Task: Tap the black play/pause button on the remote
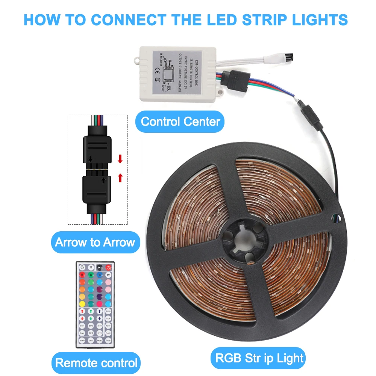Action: (100, 268)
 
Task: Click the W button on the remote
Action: (109, 275)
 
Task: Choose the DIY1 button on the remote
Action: (82, 326)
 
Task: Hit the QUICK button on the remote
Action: (109, 311)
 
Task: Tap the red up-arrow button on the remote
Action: (82, 311)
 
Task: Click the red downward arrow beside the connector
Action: (120, 159)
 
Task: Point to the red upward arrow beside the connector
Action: (120, 177)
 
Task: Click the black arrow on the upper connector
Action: (90, 160)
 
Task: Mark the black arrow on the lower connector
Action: (104, 180)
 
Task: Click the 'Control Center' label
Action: (180, 121)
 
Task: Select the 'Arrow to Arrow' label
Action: (95, 242)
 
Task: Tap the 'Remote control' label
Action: (96, 363)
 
